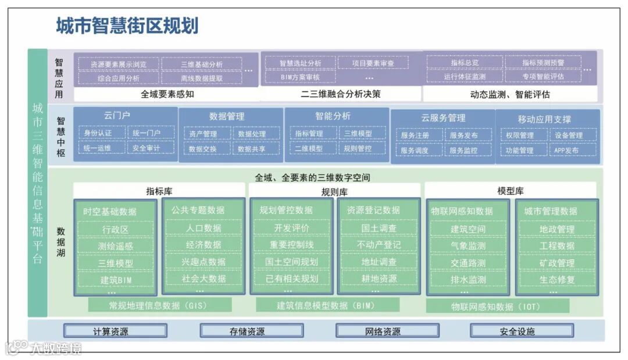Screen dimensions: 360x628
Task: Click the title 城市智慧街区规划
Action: [127, 26]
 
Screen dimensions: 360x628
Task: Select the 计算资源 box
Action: [115, 332]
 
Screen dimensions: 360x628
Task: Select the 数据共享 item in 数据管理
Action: [251, 149]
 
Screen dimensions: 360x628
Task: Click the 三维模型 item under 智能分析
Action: [358, 134]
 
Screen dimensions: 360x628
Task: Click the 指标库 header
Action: [159, 191]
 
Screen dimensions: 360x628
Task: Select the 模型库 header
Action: [511, 191]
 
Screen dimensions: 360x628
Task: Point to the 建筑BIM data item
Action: [115, 280]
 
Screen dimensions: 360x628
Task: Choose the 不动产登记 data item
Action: [379, 245]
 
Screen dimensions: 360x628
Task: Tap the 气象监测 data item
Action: [468, 246]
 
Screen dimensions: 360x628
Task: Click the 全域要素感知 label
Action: [167, 94]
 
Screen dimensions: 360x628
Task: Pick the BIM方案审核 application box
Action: [300, 77]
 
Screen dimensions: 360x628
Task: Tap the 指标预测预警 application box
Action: [543, 63]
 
